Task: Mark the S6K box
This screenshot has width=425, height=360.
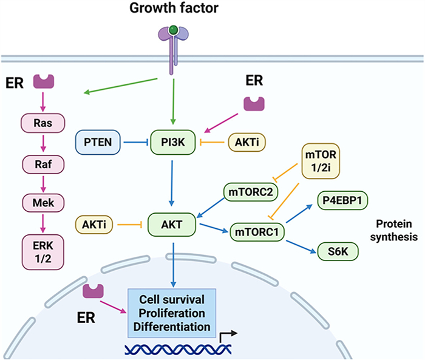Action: click(x=342, y=250)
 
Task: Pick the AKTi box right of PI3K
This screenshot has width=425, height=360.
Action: click(x=246, y=143)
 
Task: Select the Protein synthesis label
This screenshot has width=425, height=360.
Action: click(x=394, y=229)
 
